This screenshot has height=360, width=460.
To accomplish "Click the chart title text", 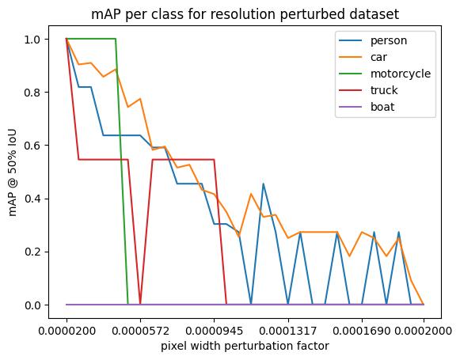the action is click(245, 14).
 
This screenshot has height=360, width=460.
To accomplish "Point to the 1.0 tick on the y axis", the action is click(32, 40).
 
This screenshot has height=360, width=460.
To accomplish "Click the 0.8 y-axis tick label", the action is click(32, 93).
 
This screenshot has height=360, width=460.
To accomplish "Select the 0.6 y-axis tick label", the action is click(32, 146).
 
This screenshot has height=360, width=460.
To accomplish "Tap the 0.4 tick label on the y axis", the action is click(32, 199).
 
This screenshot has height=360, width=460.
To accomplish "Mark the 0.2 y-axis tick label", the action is click(32, 252).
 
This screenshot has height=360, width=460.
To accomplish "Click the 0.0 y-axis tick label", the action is click(32, 305).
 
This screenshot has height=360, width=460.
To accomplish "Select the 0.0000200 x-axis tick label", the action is click(67, 331).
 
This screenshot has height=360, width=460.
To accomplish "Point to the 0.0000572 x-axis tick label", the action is click(141, 331).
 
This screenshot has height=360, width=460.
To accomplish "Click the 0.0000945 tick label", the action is click(215, 331).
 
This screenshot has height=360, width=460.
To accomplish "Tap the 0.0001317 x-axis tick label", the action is click(288, 331).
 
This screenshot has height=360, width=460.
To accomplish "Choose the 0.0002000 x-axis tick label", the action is click(424, 331).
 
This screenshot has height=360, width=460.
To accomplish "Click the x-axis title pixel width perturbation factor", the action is click(245, 347).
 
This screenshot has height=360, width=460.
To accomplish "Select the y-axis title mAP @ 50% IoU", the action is click(13, 172).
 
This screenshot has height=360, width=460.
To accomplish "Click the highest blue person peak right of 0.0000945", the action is click(263, 184).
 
